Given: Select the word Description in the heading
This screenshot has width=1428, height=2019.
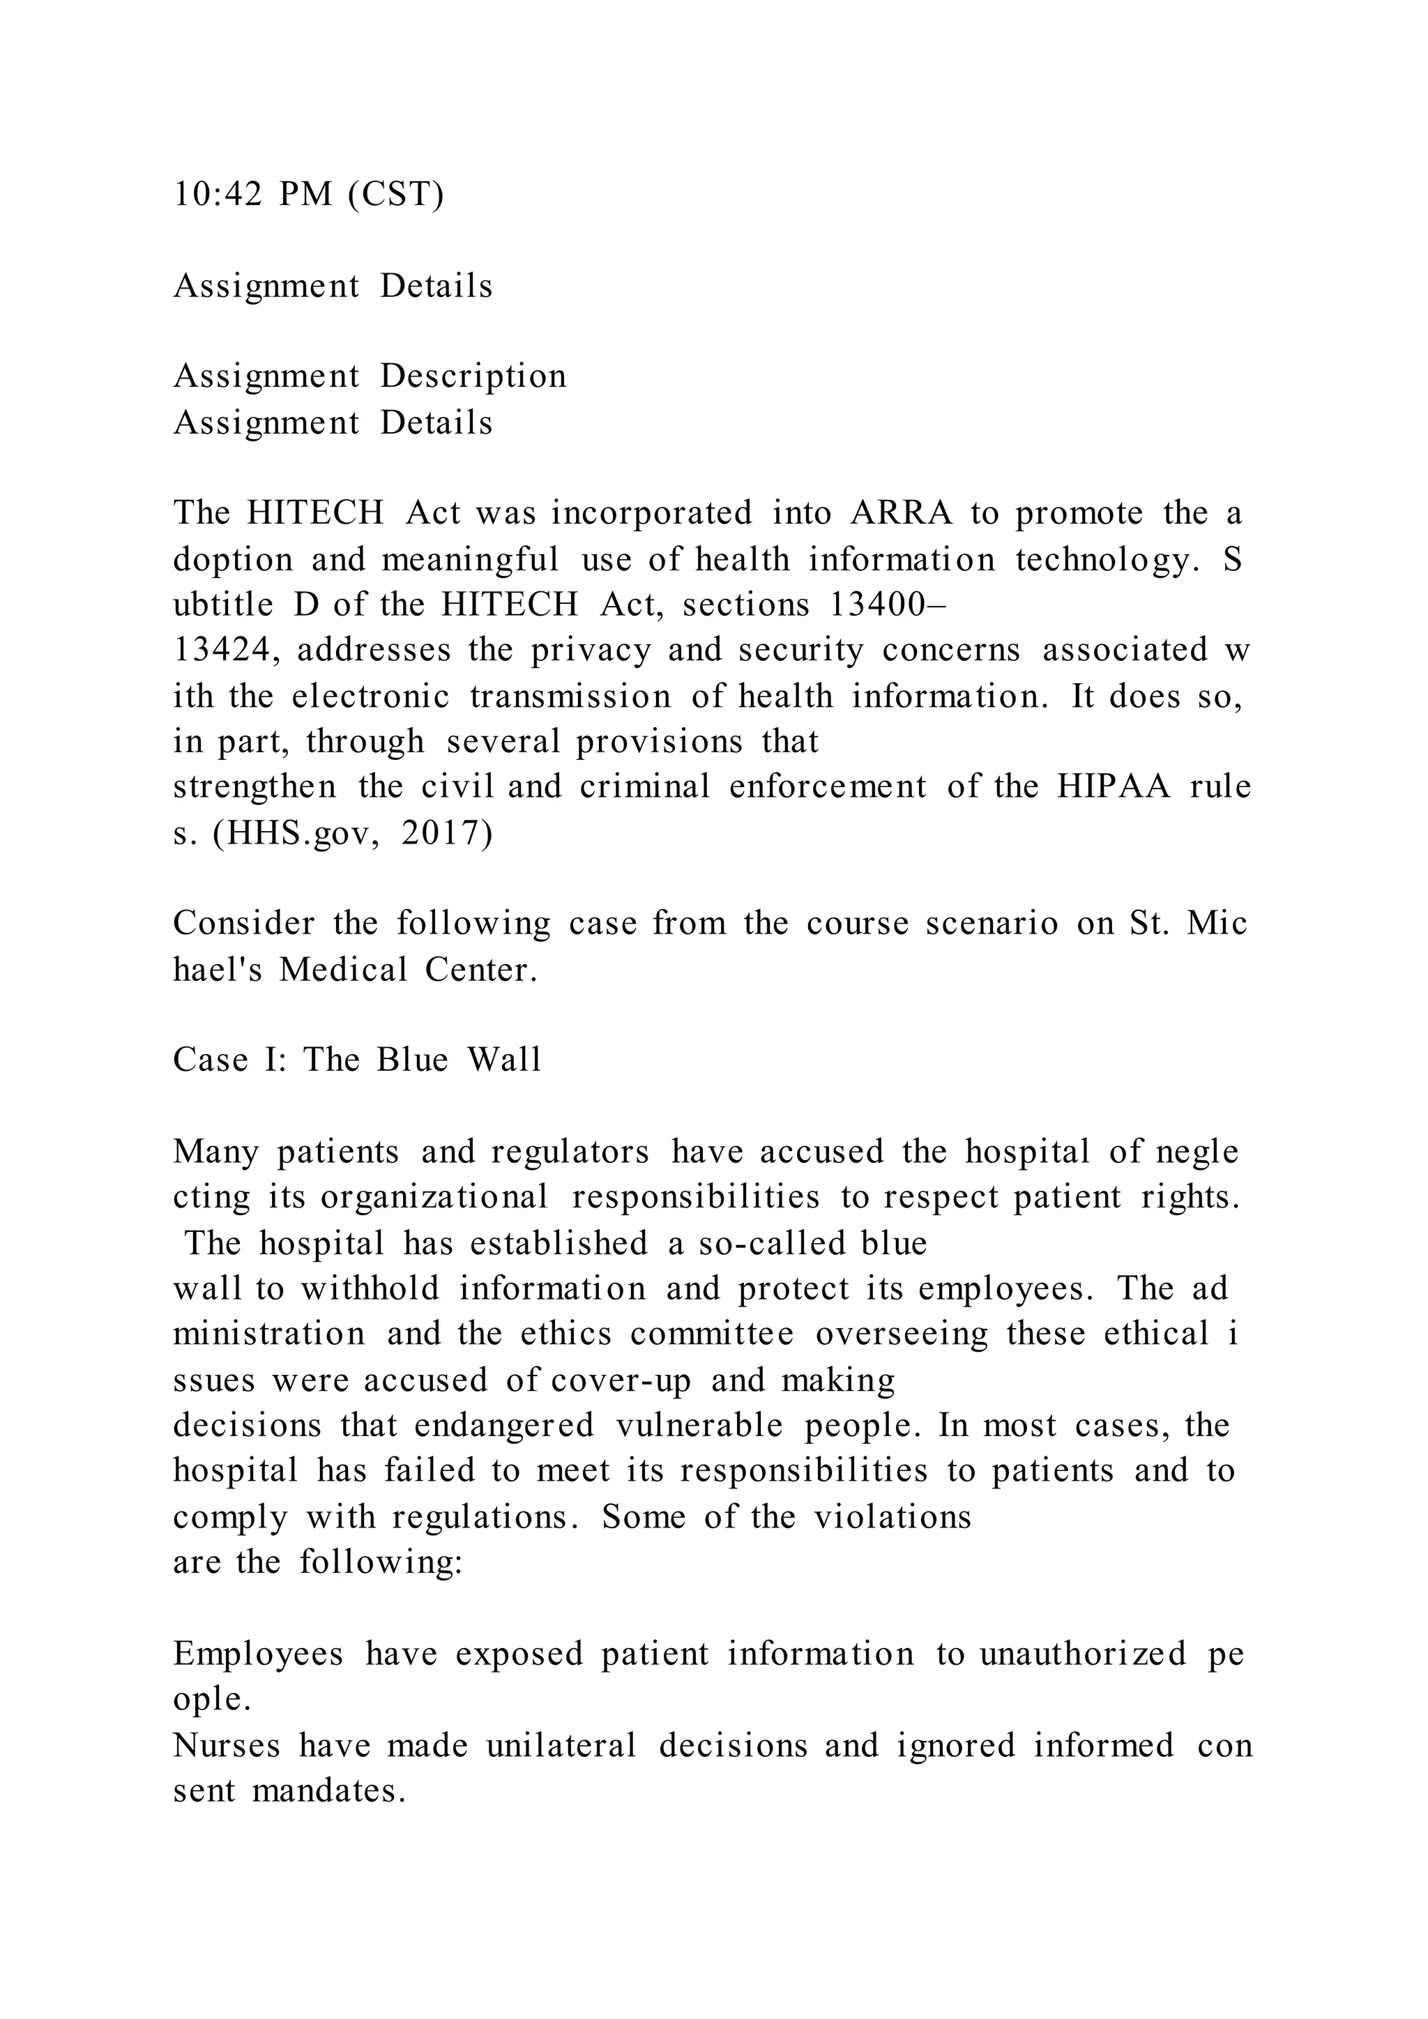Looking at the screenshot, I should click(473, 376).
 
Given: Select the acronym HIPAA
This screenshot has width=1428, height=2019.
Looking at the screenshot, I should click(1114, 786).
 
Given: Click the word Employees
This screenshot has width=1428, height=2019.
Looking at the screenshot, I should click(257, 1654).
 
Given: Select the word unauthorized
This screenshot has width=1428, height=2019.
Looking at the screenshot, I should click(1084, 1654).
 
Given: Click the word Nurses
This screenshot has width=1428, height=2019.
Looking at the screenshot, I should click(226, 1746).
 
